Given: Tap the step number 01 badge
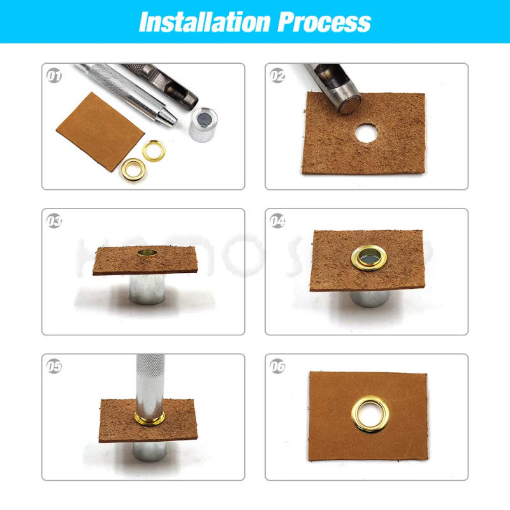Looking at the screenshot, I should click(54, 76).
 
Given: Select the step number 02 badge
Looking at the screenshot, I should click(277, 76).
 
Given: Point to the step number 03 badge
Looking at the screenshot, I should click(54, 221).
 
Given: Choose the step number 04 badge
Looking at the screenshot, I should click(277, 221).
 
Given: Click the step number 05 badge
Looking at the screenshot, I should click(54, 367).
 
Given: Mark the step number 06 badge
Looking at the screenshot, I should click(277, 367).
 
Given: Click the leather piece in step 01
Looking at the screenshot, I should click(99, 131).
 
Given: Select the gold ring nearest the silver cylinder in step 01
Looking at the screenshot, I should click(153, 150).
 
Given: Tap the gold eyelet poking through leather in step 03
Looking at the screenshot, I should click(147, 254).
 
